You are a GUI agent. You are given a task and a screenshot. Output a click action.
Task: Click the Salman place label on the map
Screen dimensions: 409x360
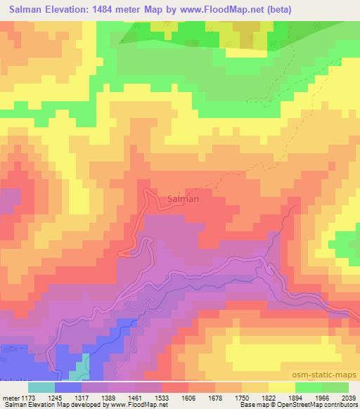[184, 199]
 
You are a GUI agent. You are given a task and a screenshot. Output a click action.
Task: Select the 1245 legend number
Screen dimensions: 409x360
[65, 396]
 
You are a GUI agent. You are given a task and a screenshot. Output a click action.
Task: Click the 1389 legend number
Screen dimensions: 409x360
[118, 396]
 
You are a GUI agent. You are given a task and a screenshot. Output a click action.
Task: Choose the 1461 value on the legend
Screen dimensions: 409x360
[144, 396]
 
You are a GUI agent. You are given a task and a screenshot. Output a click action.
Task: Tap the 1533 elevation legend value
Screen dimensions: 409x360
[171, 396]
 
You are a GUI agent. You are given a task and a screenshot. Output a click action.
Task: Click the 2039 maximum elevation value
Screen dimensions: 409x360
[349, 396]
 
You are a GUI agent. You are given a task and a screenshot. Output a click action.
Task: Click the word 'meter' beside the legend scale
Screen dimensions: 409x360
[11, 396]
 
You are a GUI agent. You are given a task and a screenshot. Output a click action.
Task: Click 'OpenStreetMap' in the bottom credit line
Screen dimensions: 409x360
[292, 405]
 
